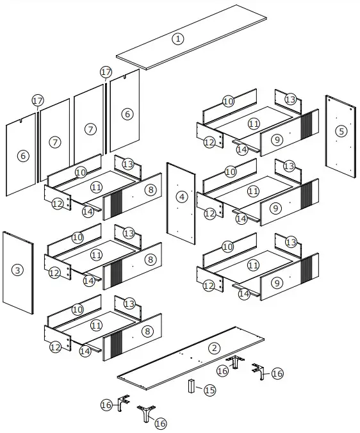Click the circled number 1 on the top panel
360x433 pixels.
(178, 38)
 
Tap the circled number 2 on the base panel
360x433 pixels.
(214, 348)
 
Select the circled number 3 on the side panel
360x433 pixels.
(17, 270)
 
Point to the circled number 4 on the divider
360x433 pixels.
(183, 197)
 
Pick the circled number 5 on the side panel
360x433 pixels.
(341, 131)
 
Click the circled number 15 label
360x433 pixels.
(209, 390)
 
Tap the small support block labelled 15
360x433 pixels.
(191, 386)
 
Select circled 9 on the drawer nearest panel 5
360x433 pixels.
(276, 140)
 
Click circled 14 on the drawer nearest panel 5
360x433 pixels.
(241, 149)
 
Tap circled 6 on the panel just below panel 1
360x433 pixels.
(127, 114)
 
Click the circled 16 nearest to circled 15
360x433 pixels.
(222, 370)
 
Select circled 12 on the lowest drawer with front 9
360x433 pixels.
(209, 286)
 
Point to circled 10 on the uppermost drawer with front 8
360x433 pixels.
(80, 172)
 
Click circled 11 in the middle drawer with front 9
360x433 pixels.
(253, 191)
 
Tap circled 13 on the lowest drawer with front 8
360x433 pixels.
(129, 303)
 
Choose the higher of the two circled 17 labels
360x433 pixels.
(106, 72)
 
